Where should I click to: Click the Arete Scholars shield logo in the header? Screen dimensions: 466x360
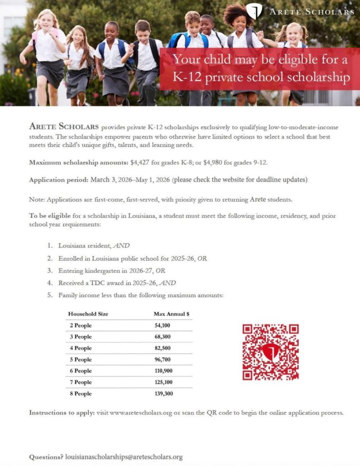[x=254, y=11]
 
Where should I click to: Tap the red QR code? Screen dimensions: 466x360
[x=270, y=352]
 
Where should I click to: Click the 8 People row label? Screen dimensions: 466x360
[x=81, y=394]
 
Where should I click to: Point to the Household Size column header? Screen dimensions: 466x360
[x=88, y=314]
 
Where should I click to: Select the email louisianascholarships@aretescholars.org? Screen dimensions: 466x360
[x=124, y=456]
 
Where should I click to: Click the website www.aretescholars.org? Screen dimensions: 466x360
[x=141, y=413]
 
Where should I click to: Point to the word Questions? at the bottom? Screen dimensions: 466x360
[x=46, y=456]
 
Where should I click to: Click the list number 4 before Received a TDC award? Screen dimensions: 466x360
[x=50, y=283]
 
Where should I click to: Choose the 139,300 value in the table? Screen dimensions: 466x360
[x=164, y=394]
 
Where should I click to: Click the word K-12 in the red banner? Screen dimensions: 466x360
[x=187, y=77]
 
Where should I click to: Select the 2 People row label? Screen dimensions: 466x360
[x=81, y=325]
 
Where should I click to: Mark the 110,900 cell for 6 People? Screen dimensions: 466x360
[x=164, y=371]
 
